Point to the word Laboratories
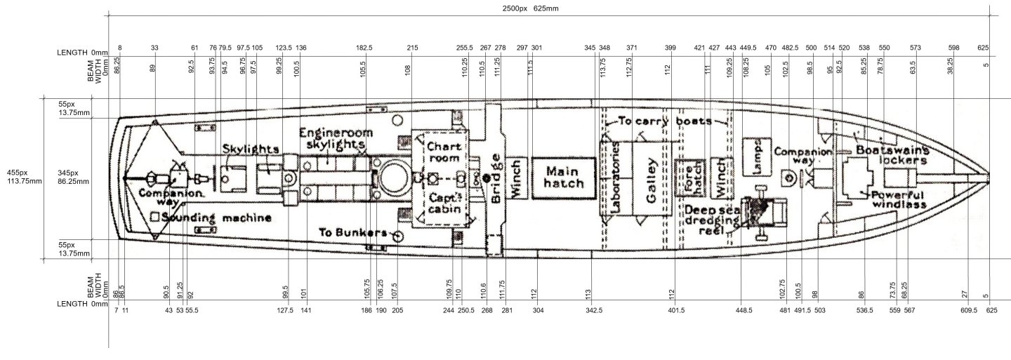click(x=616, y=179)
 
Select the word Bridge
click(x=496, y=179)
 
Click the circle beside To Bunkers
click(x=396, y=236)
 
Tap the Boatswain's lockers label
click(x=892, y=155)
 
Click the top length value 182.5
click(x=364, y=48)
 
